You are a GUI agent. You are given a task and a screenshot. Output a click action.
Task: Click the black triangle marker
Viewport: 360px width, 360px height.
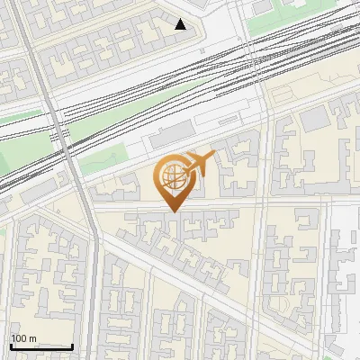tap(181, 24)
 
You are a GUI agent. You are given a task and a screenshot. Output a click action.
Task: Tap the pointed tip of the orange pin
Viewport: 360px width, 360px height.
tap(173, 211)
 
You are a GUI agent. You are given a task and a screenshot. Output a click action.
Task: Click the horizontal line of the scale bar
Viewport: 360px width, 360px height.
tap(41, 346)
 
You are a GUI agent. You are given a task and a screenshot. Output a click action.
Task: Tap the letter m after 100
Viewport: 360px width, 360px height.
tap(32, 338)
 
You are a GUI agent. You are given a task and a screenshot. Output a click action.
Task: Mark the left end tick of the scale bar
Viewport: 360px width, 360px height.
tap(11, 345)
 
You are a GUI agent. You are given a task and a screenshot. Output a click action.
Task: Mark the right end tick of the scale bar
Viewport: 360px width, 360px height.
tap(72, 345)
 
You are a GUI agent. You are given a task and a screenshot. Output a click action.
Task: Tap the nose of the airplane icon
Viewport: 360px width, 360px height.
tap(213, 157)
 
